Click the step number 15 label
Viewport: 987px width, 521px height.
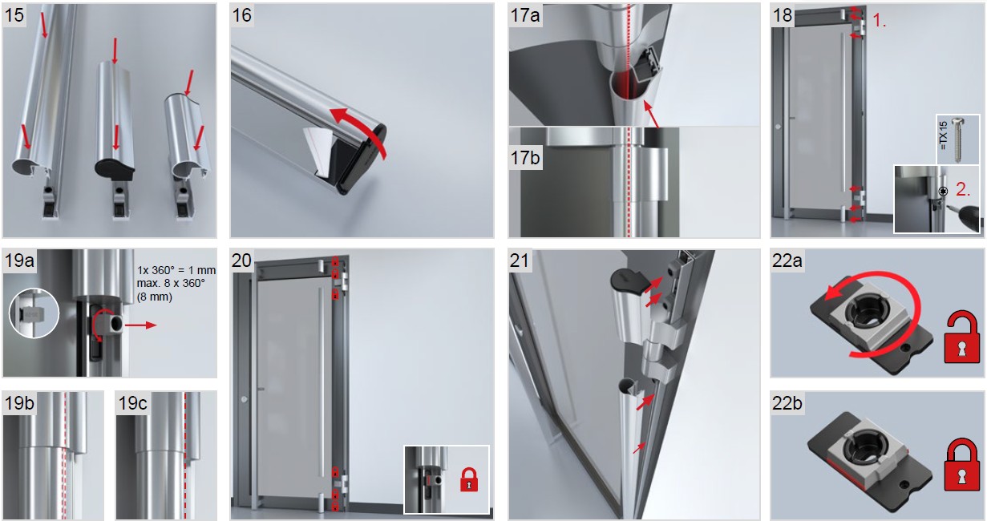point(14,15)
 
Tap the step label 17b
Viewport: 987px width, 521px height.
point(525,158)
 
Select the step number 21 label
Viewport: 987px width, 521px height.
point(519,260)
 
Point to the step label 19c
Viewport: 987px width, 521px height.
point(132,403)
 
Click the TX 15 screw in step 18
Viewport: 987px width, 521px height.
point(958,139)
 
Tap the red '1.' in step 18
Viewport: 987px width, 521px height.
point(880,21)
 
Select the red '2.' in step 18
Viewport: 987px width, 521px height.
point(963,189)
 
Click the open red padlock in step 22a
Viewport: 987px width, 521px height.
point(961,337)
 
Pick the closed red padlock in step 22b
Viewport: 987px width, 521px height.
point(961,464)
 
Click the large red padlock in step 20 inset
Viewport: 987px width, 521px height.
point(469,479)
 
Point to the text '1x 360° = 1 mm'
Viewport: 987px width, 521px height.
point(176,270)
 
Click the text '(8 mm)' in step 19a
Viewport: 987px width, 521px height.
point(154,297)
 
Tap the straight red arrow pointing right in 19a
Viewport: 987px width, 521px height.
point(140,325)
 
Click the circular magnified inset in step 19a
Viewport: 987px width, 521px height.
point(34,313)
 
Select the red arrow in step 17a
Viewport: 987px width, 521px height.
point(651,114)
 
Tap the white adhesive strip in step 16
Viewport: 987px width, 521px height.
point(318,150)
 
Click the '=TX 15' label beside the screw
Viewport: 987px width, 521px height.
point(943,135)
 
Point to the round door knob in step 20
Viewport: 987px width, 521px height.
point(244,399)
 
